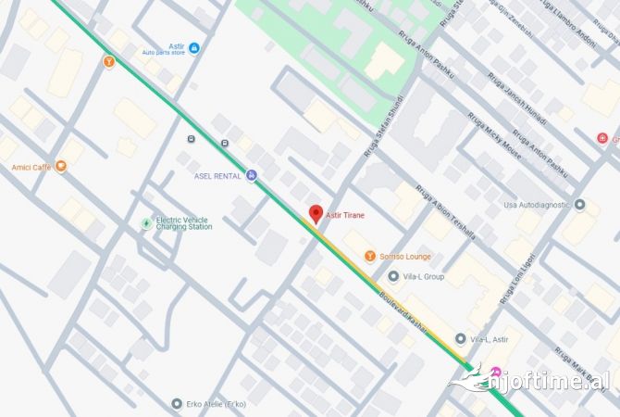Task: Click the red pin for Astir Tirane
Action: (x=315, y=213)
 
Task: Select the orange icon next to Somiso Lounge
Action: (x=369, y=256)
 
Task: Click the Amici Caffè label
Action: (x=31, y=168)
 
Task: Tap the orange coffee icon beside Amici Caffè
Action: (x=61, y=167)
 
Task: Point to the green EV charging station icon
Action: (x=145, y=223)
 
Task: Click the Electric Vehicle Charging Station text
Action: (x=184, y=223)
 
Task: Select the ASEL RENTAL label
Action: (x=217, y=176)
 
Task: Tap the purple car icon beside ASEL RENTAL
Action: (x=251, y=176)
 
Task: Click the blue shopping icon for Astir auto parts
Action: (x=193, y=47)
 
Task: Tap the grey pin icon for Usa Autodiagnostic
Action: (x=580, y=205)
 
